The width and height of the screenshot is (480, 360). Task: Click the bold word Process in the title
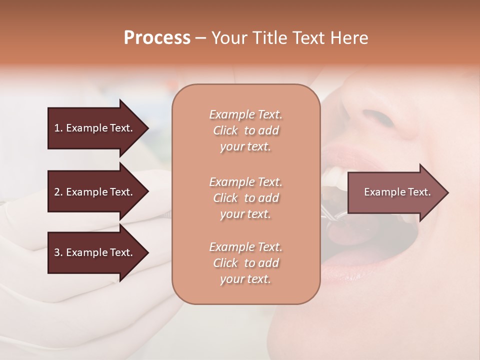point(157,38)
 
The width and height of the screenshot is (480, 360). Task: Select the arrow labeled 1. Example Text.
point(93,128)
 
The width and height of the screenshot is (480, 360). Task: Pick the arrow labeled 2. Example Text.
point(93,192)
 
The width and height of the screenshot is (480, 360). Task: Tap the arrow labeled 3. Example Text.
point(93,252)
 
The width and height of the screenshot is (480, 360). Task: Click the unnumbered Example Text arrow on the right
point(397,192)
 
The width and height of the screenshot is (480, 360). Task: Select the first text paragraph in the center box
point(245,130)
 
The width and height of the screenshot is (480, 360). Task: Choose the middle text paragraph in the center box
point(245,198)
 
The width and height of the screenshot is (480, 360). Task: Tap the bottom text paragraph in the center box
point(245,263)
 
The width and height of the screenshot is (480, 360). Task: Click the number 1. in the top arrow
point(58,128)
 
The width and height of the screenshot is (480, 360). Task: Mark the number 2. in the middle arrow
point(58,192)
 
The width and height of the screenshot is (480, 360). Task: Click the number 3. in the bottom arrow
point(58,252)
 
